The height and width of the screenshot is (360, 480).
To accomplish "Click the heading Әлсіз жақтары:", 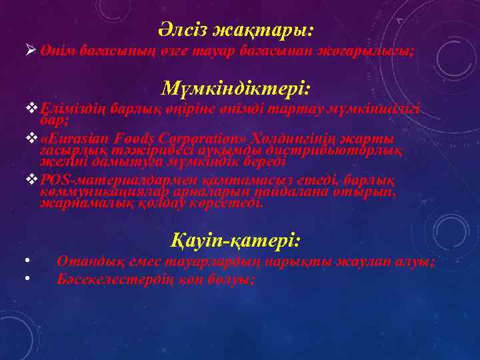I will point(236,30).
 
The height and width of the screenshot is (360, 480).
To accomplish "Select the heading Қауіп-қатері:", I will point(236,239).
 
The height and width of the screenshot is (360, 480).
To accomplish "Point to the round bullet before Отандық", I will point(25,261).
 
